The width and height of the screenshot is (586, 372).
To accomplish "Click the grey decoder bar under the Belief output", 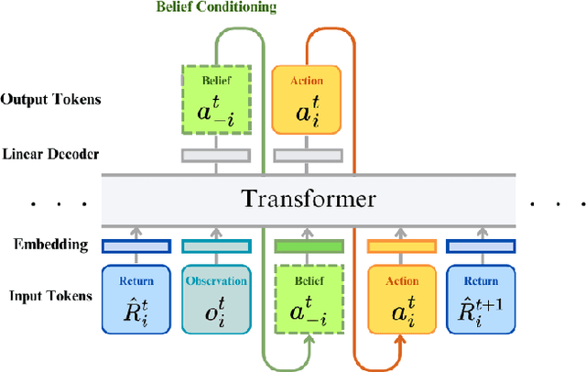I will (x=216, y=155).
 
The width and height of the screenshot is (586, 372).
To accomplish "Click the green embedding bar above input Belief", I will (x=309, y=246).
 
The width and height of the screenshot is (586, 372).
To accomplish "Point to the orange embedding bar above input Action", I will (x=400, y=246).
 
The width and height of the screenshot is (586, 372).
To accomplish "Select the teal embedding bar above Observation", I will (x=216, y=246).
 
